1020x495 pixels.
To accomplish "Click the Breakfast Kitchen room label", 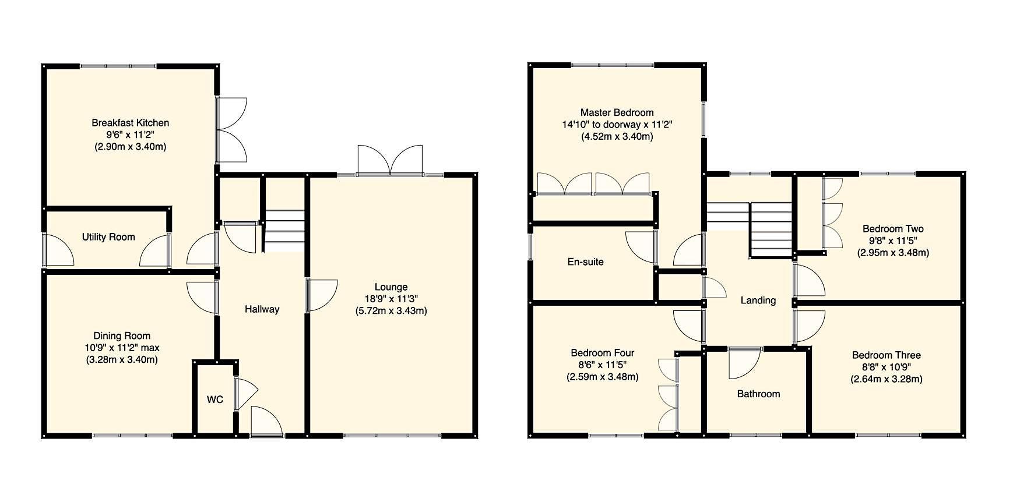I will coord(130,123).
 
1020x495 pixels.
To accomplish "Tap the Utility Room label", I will coord(108,237).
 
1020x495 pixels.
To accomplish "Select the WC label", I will coord(215,400).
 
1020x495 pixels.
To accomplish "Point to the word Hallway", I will coord(262,309).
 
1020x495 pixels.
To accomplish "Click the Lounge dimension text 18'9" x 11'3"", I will coord(391,299).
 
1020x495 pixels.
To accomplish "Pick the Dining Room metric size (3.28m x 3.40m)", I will coord(122,359).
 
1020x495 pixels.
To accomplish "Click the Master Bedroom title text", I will coord(617,112).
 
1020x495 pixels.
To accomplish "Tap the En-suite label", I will coord(585,262).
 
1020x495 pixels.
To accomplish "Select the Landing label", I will coord(758,300).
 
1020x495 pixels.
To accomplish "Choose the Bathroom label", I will coord(758,394).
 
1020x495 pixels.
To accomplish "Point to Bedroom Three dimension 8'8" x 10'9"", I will coord(886,367).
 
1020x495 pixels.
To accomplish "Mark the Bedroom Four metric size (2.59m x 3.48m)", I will coord(602,377).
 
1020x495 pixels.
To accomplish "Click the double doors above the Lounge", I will coord(390,160).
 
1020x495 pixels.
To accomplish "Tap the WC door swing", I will coord(245,392).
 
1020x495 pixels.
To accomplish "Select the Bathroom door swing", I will coord(743,362).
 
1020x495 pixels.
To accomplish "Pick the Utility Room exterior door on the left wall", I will coord(58,251).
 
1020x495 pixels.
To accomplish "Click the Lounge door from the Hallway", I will coord(322,295).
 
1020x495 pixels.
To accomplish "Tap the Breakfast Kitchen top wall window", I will coord(118,66).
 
